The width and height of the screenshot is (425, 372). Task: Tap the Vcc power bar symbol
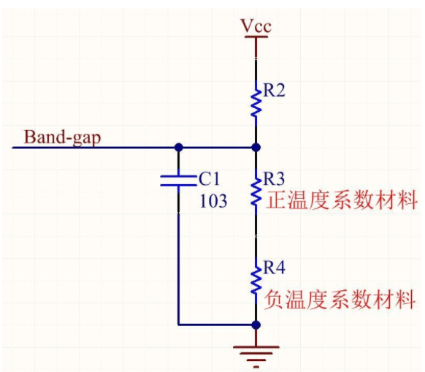(256, 39)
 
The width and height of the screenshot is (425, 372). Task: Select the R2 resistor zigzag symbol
(256, 102)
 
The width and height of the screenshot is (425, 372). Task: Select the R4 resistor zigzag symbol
(256, 280)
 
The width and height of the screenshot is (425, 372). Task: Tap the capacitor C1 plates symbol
(178, 181)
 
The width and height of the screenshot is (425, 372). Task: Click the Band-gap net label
(63, 137)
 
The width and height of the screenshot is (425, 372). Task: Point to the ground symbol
(256, 353)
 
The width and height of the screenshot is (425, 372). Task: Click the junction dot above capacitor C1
(178, 147)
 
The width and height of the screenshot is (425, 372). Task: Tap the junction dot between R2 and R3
(256, 147)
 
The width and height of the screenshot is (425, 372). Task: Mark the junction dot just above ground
(256, 324)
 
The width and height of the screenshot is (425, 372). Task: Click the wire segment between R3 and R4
(256, 238)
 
